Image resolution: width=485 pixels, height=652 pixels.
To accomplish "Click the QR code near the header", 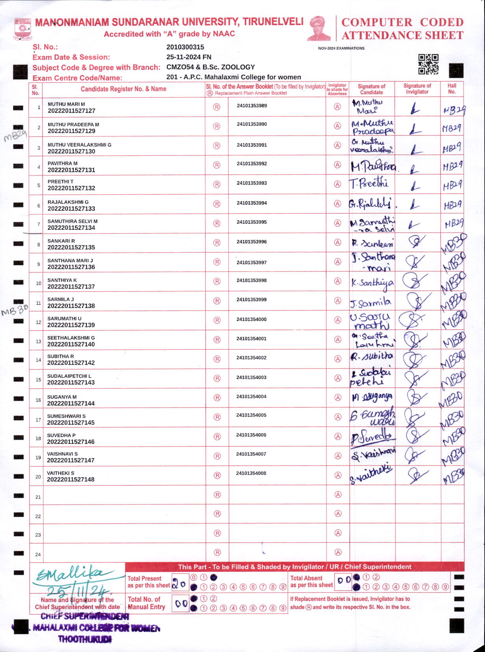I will [428, 64].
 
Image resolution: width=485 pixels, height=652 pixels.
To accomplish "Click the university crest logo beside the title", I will [22, 29].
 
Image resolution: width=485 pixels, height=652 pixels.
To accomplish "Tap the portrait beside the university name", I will [319, 28].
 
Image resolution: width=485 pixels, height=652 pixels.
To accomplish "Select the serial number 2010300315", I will [185, 47].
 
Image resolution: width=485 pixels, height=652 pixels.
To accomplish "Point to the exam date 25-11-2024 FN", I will [189, 57].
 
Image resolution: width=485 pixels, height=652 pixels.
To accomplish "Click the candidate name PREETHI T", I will [61, 182].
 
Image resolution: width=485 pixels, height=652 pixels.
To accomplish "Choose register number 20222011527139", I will [71, 325].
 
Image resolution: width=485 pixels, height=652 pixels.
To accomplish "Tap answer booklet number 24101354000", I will [252, 319].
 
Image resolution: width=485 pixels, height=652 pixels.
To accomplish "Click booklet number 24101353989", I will [252, 106].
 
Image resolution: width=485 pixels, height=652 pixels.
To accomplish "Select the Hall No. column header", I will [452, 89].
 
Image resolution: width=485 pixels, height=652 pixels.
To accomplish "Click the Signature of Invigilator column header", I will [417, 89].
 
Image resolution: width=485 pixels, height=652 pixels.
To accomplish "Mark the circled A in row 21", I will [338, 494].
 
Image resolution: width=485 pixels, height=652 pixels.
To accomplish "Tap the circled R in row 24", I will [217, 552].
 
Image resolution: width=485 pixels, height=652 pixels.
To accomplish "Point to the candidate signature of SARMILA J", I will [371, 303].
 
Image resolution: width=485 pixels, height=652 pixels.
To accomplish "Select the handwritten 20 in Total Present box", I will [180, 584].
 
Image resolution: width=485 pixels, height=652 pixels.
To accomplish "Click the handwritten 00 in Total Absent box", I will [344, 580].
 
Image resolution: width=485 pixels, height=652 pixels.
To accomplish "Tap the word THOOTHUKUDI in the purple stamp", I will [85, 639].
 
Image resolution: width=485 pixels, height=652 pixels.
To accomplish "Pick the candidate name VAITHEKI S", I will [61, 473].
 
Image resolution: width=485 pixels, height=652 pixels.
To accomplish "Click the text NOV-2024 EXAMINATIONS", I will [341, 48].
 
